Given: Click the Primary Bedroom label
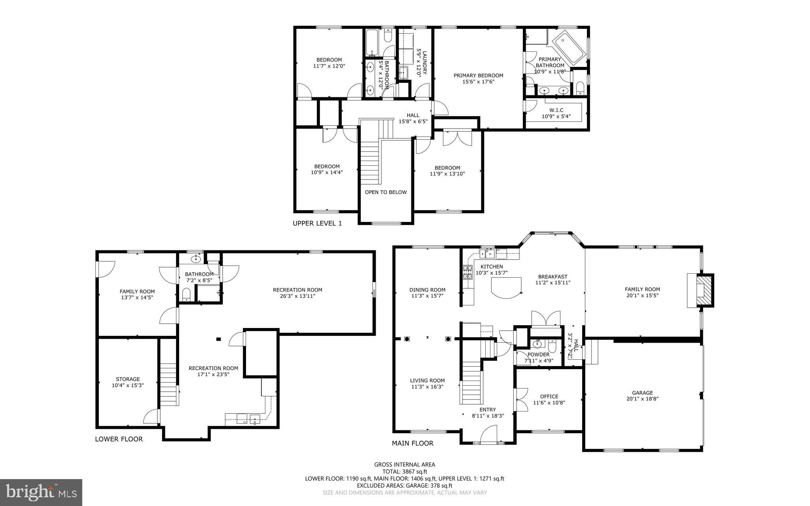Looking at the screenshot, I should (478, 76).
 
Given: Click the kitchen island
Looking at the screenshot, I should (505, 287).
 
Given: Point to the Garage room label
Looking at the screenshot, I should (642, 393).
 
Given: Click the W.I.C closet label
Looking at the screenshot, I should (556, 110).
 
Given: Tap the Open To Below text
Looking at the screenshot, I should (386, 192).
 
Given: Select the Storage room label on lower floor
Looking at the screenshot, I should (128, 379).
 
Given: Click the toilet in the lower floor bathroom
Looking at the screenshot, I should (186, 295).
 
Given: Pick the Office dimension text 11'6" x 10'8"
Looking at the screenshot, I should (549, 403).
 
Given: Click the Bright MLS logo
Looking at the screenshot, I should (41, 492).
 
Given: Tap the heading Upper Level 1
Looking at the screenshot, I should (317, 224).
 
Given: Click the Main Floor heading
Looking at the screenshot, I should (413, 443).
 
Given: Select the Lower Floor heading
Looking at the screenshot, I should (119, 439).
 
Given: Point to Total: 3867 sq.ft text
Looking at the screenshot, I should (404, 472).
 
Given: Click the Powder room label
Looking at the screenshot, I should (538, 354).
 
